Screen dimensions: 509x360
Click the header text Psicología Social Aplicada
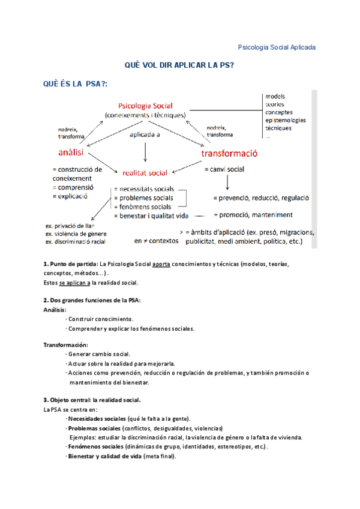coord(277,47)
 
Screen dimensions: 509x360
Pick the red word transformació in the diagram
coord(230,153)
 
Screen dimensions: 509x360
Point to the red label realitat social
coord(145,173)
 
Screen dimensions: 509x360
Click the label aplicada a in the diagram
coord(145,135)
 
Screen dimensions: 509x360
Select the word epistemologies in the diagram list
coord(285,120)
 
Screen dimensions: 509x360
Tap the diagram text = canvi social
coord(224,169)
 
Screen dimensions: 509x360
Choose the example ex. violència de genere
coord(76,233)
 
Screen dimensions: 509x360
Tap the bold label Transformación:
coord(65,345)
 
